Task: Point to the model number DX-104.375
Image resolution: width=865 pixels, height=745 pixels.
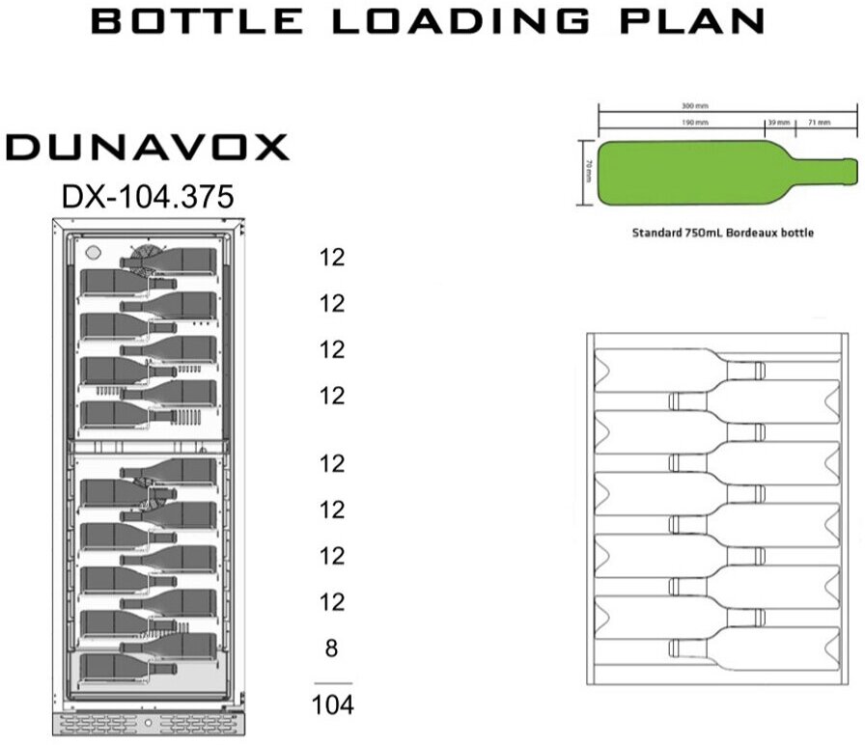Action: (x=147, y=197)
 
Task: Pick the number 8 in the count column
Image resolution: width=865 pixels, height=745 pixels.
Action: (x=331, y=648)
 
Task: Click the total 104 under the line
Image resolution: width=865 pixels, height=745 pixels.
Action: (x=332, y=705)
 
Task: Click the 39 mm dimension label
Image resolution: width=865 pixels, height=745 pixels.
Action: (x=778, y=124)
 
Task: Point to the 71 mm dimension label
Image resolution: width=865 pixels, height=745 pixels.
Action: (x=819, y=124)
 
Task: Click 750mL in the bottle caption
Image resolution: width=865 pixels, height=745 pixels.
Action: (x=701, y=233)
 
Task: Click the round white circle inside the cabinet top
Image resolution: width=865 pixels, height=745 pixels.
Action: (x=93, y=253)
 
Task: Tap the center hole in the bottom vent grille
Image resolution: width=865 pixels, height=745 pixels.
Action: (x=147, y=723)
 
